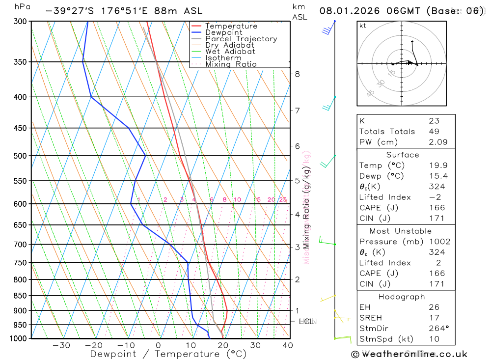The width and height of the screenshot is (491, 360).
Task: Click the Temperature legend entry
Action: coord(231,26)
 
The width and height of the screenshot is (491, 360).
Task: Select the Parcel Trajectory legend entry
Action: coord(241,39)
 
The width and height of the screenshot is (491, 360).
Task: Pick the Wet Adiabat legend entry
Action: coord(230,52)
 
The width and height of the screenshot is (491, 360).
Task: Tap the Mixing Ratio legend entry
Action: coord(231,64)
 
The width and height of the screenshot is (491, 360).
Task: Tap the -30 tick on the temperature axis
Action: coord(61,345)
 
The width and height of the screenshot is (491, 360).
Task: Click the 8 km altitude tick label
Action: coord(297,74)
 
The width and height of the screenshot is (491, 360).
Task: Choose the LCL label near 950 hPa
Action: coord(306,322)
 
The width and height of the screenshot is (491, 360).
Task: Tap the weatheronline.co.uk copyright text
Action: coord(409,354)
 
